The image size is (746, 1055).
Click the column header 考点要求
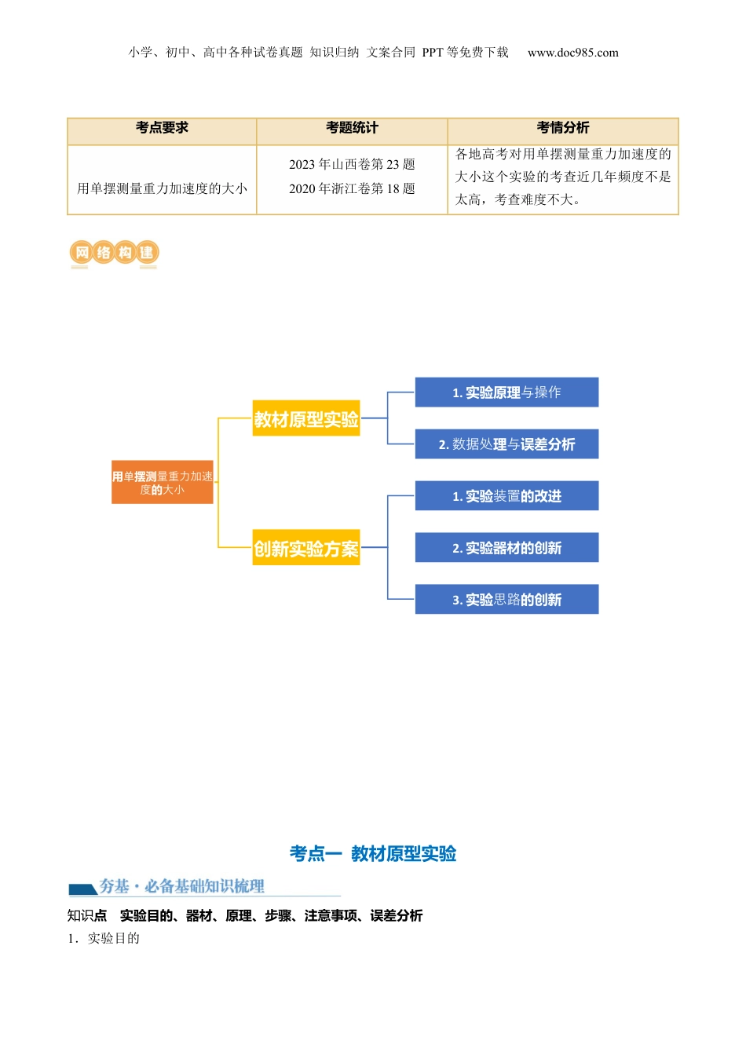pos(162,128)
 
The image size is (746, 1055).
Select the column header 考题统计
pos(352,128)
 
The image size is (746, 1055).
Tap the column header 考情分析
pos(563,128)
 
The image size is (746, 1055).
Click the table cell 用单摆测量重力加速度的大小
pos(162,188)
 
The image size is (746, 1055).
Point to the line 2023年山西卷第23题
pos(352,164)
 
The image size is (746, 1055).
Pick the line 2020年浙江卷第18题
pos(352,188)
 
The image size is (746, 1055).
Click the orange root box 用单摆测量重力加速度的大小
pos(163,482)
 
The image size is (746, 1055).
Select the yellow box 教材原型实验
pos(306,419)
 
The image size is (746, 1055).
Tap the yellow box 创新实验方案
pos(306,549)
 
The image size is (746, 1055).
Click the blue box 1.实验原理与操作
pos(506,392)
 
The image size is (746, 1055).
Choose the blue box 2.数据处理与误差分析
pos(506,444)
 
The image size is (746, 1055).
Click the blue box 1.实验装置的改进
pos(506,496)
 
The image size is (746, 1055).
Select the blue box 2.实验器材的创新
pos(506,548)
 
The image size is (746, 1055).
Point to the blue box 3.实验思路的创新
pos(506,600)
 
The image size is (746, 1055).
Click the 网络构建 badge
pos(115,253)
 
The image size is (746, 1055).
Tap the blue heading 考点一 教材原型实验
pos(373,853)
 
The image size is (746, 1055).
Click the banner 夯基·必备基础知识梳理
pos(181,887)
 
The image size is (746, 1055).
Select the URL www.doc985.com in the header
pos(573,53)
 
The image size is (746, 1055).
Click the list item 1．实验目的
pos(104,938)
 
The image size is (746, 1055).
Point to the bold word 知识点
pos(87,915)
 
